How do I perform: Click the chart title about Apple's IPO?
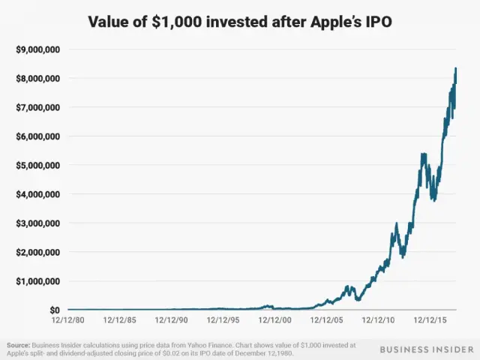click(x=240, y=22)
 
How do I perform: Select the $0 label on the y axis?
click(x=55, y=310)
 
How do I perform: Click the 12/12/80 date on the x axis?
click(x=68, y=319)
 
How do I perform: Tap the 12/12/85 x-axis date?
click(x=120, y=319)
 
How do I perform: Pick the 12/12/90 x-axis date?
click(x=172, y=319)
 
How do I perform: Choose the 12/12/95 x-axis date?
click(x=223, y=319)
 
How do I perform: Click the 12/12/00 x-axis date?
click(x=275, y=319)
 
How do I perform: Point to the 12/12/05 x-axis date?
click(x=327, y=319)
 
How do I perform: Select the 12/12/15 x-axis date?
click(x=430, y=319)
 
